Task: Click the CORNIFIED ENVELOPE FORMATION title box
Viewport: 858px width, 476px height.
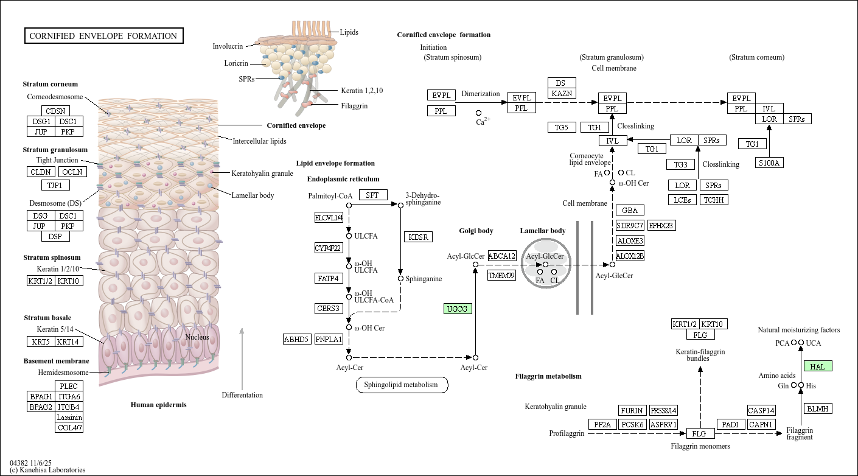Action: [x=103, y=36]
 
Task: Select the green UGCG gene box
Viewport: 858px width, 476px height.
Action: [x=458, y=309]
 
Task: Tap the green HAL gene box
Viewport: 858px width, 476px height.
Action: [x=818, y=366]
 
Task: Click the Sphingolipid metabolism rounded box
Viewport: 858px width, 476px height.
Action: [x=402, y=385]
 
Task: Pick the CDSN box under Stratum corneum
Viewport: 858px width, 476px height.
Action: [x=55, y=111]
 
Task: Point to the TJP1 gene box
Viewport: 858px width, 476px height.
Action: [x=55, y=185]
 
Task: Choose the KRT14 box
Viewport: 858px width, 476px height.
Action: [x=69, y=341]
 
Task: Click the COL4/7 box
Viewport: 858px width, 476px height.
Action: [x=69, y=427]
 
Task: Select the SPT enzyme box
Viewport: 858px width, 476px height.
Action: [x=372, y=195]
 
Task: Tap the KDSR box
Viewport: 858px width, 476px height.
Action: [x=418, y=236]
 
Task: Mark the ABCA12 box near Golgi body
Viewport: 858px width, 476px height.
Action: [x=502, y=256]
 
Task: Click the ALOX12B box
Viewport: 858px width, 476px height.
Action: [x=630, y=256]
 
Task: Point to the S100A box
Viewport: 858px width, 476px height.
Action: [x=769, y=163]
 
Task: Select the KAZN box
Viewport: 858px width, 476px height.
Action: [x=562, y=93]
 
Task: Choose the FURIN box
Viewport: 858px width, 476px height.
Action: [x=631, y=410]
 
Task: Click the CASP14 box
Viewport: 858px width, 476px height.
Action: [x=761, y=410]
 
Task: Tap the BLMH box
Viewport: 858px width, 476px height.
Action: [x=818, y=408]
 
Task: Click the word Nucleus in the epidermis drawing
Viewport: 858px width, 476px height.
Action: [x=197, y=337]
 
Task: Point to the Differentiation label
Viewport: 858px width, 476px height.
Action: [x=242, y=395]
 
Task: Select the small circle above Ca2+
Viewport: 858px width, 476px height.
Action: [x=478, y=113]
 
